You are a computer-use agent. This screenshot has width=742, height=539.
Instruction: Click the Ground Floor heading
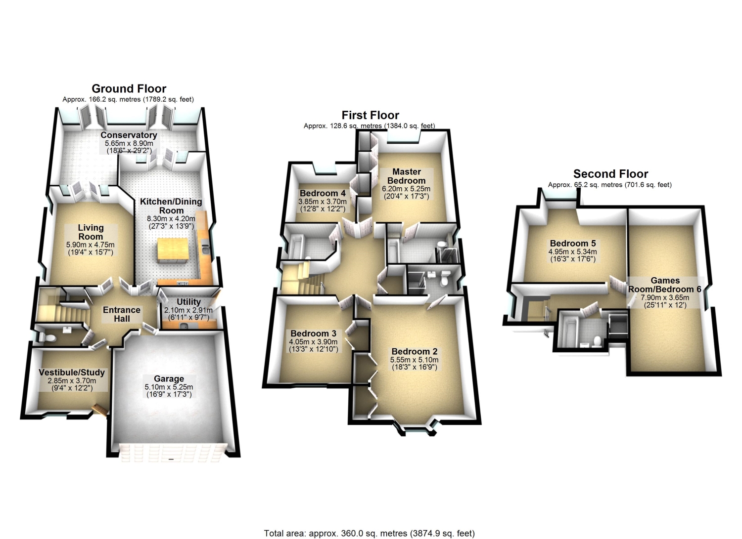129,88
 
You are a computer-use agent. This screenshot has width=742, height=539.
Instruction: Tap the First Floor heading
371,115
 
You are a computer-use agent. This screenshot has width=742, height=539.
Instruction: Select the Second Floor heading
610,174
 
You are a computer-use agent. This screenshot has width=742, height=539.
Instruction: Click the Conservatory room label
129,135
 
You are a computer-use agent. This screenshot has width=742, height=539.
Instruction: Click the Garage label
169,379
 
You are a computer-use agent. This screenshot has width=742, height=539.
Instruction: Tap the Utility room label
188,302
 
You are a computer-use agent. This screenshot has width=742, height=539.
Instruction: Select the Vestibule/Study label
72,372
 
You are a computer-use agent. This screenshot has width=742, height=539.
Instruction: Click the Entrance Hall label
122,314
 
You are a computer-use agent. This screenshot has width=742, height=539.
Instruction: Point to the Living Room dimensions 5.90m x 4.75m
91,245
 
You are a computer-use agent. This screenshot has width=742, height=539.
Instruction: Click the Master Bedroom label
407,176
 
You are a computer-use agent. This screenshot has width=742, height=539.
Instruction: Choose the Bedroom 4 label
323,193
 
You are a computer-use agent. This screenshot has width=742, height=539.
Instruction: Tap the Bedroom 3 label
313,333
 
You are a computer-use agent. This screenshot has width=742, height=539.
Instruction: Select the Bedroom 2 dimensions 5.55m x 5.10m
415,360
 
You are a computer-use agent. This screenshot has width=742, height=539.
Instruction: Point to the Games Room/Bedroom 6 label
665,285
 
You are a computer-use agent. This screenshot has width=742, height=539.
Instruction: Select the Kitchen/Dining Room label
171,206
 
